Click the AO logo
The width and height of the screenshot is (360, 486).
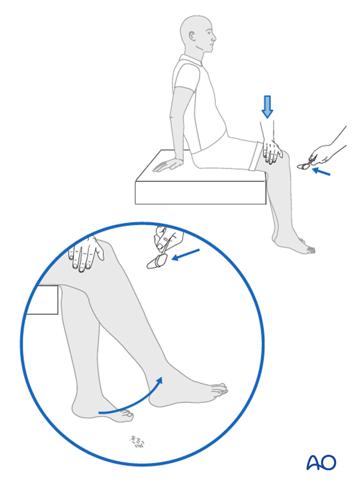click(x=321, y=463)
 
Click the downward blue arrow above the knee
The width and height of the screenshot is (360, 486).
click(x=267, y=107)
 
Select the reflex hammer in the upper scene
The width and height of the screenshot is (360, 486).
click(x=306, y=165)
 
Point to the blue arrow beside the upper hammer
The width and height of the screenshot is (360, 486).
click(x=321, y=172)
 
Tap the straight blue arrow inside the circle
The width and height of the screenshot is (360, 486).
click(x=186, y=254)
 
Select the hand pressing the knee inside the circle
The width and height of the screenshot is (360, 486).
click(x=86, y=254)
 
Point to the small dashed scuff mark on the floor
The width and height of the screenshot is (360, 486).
click(x=138, y=442)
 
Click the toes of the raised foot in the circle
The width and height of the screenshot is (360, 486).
click(x=219, y=389)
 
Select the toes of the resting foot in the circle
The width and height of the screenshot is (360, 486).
click(x=126, y=416)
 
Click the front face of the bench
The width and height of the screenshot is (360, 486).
click(x=200, y=193)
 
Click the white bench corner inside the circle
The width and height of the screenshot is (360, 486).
click(x=42, y=300)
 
